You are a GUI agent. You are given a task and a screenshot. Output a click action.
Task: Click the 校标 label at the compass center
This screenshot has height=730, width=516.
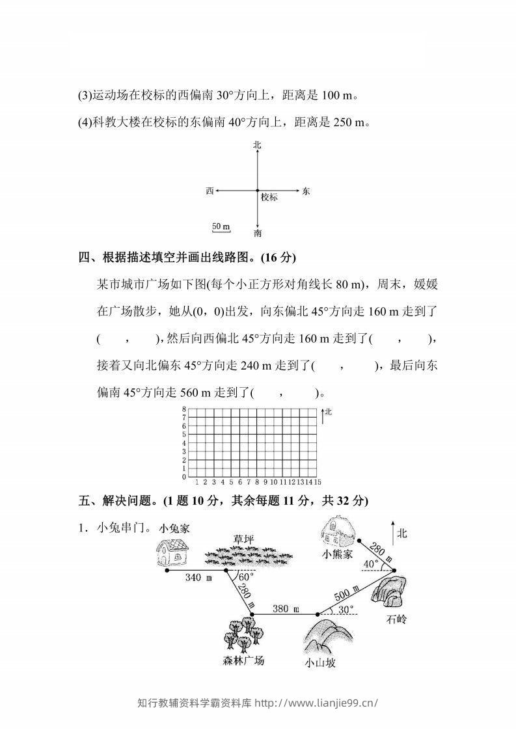pyautogui.click(x=269, y=197)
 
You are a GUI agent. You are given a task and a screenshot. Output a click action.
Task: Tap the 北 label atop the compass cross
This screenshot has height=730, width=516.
pyautogui.click(x=257, y=146)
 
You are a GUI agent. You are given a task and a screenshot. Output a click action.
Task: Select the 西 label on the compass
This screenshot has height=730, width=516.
pyautogui.click(x=210, y=191)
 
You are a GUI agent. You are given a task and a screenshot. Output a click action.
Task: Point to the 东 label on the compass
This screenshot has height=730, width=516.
pyautogui.click(x=306, y=191)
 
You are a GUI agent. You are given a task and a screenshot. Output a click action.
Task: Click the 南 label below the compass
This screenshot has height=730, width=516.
pyautogui.click(x=258, y=232)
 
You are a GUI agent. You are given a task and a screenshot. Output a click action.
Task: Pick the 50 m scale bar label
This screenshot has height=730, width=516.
pyautogui.click(x=221, y=226)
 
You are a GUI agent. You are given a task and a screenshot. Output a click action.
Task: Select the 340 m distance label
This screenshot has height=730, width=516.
pyautogui.click(x=198, y=578)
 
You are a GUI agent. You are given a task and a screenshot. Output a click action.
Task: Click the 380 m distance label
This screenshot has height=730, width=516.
pyautogui.click(x=285, y=609)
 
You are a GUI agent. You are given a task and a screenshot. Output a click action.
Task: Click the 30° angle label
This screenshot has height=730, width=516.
pyautogui.click(x=346, y=610)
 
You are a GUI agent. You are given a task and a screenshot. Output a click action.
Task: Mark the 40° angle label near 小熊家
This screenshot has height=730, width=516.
pyautogui.click(x=370, y=563)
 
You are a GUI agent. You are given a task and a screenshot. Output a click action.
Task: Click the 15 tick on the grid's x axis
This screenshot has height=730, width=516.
pyautogui.click(x=318, y=482)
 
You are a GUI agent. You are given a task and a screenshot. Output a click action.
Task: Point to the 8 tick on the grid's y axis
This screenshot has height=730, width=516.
pyautogui.click(x=184, y=409)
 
